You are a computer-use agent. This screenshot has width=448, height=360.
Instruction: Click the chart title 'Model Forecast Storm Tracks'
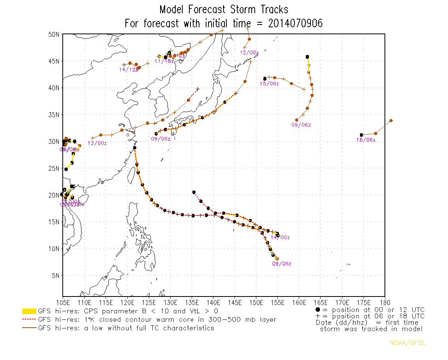(224, 9)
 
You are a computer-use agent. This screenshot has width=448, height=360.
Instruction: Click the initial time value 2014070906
(295, 23)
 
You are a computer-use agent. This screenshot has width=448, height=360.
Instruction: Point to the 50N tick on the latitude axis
(54, 34)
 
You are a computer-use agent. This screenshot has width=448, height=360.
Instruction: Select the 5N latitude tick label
(55, 275)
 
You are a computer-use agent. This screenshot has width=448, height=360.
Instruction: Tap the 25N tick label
(54, 168)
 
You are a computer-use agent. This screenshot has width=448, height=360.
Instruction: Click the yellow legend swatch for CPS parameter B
(29, 311)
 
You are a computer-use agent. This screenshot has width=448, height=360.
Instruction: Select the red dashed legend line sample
(29, 319)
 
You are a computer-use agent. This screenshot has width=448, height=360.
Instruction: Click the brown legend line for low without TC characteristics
(29, 328)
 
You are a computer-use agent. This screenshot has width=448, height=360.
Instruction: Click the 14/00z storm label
(280, 237)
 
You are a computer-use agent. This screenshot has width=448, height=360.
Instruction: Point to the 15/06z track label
(270, 84)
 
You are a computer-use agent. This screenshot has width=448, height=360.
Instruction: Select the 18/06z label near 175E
(366, 140)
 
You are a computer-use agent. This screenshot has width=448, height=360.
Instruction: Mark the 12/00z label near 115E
(97, 143)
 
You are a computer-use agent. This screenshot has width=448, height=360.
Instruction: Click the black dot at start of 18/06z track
(362, 135)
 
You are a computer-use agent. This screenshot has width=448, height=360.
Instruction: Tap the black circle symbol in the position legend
(318, 310)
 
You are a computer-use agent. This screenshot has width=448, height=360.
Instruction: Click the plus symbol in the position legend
(318, 316)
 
